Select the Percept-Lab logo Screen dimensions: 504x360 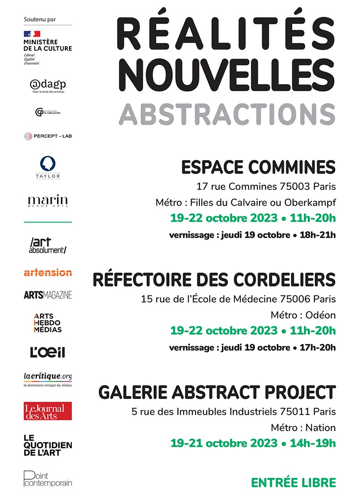click(48, 136)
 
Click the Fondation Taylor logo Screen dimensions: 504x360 click(48, 168)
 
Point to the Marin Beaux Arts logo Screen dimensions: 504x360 click(48, 201)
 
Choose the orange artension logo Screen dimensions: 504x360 click(48, 272)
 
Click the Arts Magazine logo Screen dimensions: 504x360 click(48, 295)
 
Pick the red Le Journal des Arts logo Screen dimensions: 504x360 click(48, 411)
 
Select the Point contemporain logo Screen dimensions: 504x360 click(48, 479)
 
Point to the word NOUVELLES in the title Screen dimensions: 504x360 click(226, 74)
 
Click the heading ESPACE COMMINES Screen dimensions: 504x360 click(258, 167)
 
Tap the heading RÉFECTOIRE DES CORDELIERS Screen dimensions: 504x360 click(214, 280)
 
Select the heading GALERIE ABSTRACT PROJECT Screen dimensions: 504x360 click(217, 392)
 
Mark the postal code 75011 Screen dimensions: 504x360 click(297, 412)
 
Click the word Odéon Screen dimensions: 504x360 click(320, 315)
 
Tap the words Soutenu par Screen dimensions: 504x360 click(39, 19)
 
